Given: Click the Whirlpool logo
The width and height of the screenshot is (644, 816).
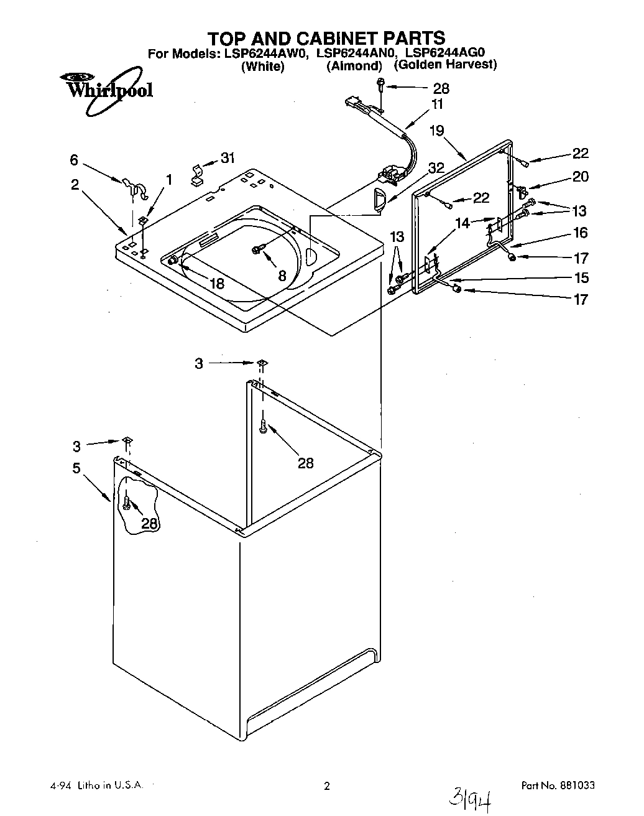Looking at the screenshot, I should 106,91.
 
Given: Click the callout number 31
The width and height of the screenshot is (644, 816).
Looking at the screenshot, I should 228,158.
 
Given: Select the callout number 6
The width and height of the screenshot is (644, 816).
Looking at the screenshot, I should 74,160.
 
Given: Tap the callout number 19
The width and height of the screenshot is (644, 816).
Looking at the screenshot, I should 436,131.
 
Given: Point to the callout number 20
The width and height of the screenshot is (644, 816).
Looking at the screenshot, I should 580,177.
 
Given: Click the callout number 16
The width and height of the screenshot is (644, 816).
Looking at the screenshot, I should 581,233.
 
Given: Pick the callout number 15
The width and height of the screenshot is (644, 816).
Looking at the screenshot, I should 581,277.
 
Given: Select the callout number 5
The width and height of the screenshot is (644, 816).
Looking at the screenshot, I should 76,468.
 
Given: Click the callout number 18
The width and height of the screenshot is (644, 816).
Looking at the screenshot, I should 216,284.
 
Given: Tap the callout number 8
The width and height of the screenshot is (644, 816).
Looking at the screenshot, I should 282,276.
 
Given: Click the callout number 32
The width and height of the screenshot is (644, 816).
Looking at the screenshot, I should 436,168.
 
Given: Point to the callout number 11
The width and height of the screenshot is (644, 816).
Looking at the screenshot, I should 437,104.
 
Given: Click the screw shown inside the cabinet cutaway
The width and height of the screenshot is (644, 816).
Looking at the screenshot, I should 127,501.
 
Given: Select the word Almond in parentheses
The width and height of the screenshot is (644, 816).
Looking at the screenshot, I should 354,66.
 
